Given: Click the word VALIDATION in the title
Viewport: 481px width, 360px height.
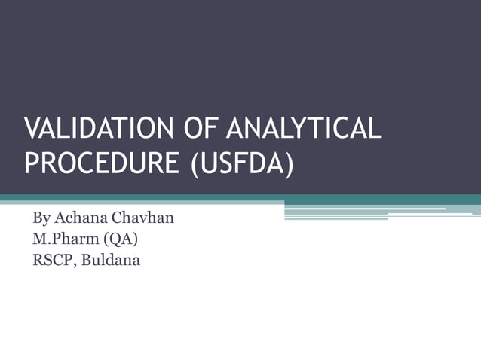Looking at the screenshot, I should tap(98, 129).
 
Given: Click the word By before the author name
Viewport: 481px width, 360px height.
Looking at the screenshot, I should tap(41, 219).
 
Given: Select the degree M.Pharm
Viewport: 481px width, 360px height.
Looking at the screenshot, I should tap(67, 240).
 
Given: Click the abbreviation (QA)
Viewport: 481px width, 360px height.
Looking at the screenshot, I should tap(124, 240).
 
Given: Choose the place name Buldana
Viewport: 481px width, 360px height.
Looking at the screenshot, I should tap(112, 261).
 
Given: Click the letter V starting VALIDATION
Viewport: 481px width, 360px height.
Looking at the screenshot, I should tap(32, 129).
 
